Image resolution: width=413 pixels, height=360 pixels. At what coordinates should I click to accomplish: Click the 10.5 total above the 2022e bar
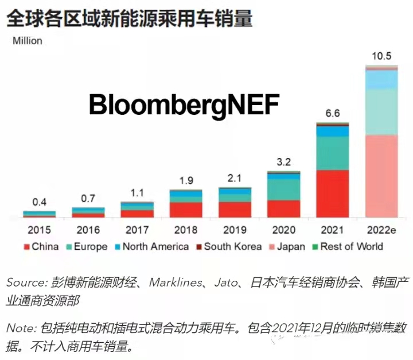[x=381, y=56]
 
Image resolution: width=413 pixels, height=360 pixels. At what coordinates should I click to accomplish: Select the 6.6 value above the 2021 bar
[x=333, y=114]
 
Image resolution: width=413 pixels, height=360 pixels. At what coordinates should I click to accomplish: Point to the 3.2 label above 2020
[x=283, y=162]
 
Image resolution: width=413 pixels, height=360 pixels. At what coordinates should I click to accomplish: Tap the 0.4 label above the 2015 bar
[x=39, y=202]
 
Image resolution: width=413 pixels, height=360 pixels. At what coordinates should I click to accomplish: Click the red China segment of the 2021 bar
[x=333, y=193]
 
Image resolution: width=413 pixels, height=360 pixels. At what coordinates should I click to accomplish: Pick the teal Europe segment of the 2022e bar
[x=381, y=112]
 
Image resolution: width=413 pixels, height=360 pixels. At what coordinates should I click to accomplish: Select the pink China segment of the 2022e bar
[x=381, y=176]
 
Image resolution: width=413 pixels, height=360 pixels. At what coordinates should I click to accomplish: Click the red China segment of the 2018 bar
[x=186, y=210]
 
